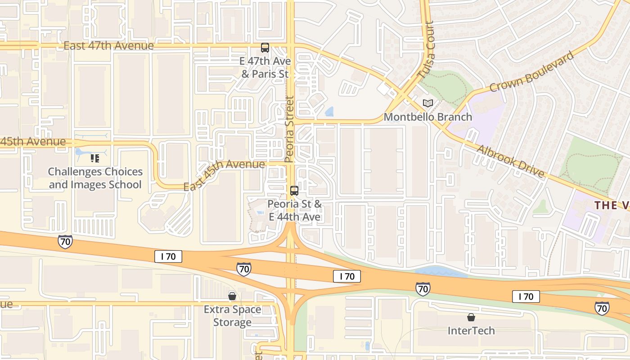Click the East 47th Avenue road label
108,46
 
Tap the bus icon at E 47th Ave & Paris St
265,48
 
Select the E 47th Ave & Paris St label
266,67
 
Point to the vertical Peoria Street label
289,129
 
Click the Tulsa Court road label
425,50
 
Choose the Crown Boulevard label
532,72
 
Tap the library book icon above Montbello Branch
427,103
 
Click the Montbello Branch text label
427,117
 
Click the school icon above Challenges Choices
94,158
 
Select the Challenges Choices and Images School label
95,178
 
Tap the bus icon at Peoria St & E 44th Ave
294,190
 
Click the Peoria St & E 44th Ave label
295,211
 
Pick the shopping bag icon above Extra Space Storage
232,296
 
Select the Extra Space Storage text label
232,316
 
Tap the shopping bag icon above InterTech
471,318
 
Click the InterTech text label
471,331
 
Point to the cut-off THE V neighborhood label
612,206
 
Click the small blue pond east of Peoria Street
329,111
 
